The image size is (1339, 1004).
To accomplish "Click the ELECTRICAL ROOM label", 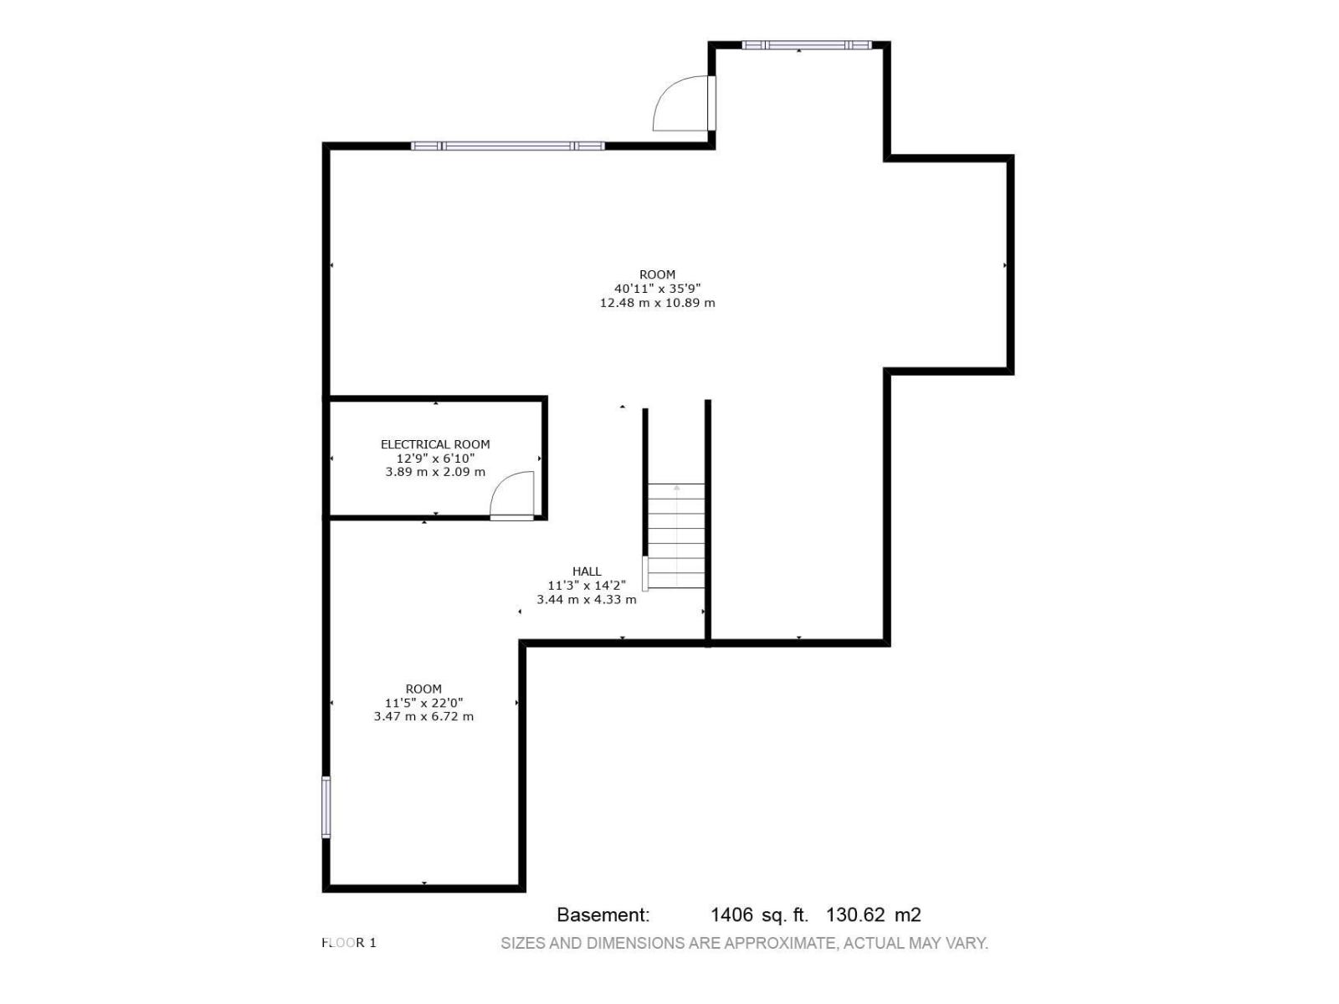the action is [435, 444].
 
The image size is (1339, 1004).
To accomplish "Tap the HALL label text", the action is [587, 571].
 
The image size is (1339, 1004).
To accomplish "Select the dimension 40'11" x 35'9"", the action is [657, 289].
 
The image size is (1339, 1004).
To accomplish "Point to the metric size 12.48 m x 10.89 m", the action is [657, 302].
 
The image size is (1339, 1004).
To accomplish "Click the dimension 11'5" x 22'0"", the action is [423, 702].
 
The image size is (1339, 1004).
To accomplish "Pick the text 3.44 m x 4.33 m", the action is [587, 599].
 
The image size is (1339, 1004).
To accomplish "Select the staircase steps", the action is [676, 535].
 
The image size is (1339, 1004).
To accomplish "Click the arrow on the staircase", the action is [676, 535].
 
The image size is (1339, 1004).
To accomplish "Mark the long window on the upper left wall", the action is [507, 146].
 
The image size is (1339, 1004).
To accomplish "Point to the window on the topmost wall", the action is [807, 44].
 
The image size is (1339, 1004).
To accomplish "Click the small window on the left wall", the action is [326, 807].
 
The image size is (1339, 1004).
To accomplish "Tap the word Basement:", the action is [603, 914].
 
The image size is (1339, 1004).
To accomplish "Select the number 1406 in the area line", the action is [732, 914].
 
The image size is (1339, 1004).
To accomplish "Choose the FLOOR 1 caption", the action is [348, 942].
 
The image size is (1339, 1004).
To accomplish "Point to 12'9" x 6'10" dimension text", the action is [435, 458].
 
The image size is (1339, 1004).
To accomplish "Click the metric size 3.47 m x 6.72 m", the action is [423, 716].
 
